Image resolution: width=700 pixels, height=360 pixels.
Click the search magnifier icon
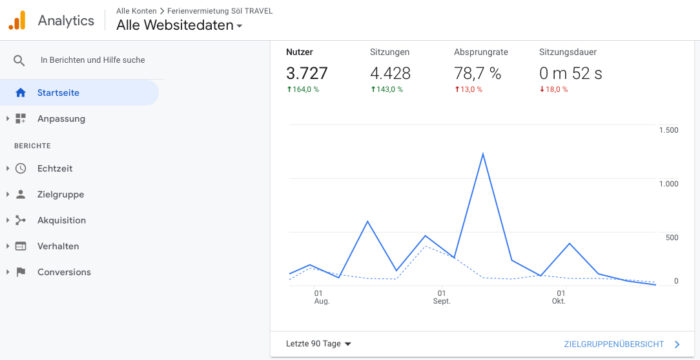(19, 60)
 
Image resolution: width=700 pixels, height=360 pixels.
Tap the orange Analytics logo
(17, 20)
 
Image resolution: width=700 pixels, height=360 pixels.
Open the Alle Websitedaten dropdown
(179, 25)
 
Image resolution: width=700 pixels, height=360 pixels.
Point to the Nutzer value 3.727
(306, 72)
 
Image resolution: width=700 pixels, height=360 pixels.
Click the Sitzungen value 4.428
(391, 72)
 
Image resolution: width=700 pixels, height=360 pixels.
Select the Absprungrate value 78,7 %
(490, 72)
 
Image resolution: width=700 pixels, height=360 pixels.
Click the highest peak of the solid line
(483, 154)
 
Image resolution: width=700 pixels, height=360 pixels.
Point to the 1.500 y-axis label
(669, 130)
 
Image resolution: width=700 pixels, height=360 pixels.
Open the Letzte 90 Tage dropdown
(319, 344)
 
